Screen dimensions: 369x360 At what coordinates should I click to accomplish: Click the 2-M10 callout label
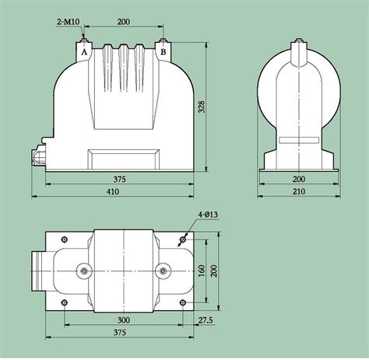[69, 22]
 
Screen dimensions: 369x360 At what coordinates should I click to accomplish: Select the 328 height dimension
[202, 107]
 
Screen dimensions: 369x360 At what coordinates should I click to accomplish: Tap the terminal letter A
[84, 52]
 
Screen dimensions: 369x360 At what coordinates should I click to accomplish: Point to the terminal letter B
[163, 52]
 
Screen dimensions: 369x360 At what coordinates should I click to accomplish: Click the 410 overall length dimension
[113, 192]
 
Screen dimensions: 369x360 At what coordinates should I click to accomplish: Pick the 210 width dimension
[299, 192]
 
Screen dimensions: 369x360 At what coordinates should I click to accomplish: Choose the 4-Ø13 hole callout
[208, 215]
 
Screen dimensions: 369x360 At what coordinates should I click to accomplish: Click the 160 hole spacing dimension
[202, 271]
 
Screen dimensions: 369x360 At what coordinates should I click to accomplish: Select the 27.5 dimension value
[206, 320]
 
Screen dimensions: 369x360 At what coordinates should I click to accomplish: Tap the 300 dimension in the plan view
[124, 320]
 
